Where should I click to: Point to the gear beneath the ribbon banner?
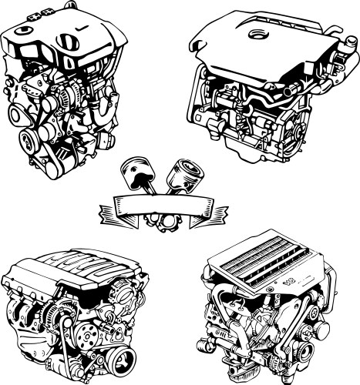[x=161, y=223]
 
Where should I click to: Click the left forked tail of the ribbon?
[x=108, y=209]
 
